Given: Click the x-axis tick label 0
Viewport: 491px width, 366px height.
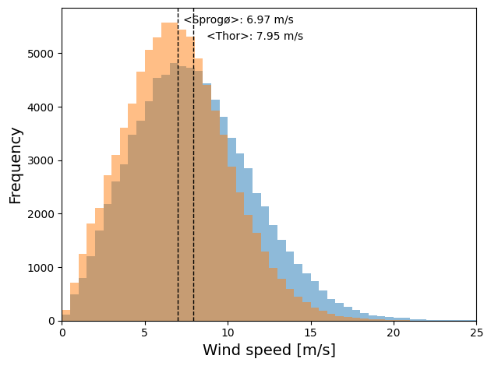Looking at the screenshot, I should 62,333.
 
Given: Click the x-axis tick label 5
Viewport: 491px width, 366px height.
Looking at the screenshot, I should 145,333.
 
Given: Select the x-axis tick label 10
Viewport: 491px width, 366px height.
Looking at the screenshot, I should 228,333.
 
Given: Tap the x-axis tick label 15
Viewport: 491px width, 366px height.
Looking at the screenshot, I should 310,333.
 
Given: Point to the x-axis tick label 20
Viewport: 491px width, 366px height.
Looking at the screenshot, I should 394,333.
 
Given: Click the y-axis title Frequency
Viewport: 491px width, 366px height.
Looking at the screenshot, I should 16,165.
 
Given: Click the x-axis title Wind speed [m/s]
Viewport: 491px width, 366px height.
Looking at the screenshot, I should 269,350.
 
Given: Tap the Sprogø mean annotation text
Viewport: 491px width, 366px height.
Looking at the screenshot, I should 238,20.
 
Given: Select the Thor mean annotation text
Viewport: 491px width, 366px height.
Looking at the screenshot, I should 255,37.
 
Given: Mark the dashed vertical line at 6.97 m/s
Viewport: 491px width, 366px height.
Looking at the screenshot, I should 178,195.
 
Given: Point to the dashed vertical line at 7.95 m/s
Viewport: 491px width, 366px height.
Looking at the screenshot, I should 194,195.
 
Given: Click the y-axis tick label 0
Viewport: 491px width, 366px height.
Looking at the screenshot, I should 52,321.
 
